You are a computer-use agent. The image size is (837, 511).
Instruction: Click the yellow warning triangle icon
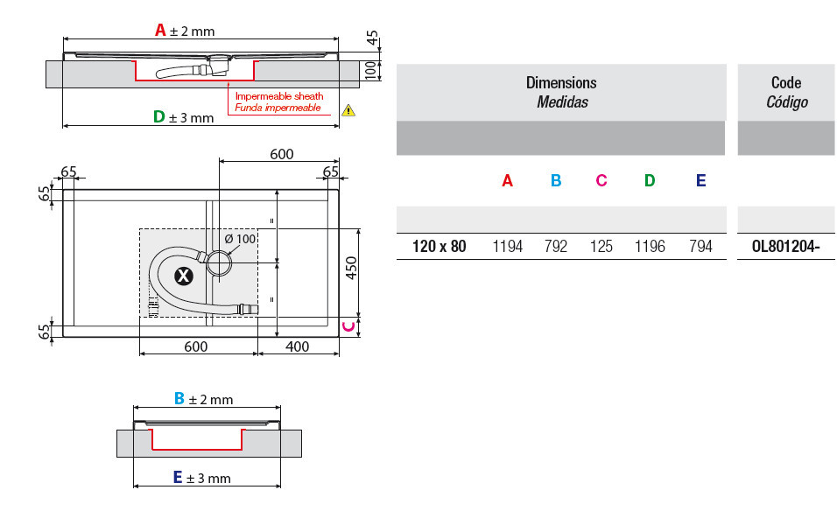coord(348,110)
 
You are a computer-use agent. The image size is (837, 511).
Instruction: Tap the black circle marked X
coord(184,276)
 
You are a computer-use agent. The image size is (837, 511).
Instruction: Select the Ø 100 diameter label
coord(240,239)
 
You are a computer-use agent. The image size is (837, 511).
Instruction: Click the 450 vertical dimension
coord(351,268)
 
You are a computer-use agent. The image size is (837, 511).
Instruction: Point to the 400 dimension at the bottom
coord(298,346)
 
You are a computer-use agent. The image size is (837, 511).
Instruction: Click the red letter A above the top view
coord(160,30)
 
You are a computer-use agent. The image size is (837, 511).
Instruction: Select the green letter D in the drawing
coord(159,116)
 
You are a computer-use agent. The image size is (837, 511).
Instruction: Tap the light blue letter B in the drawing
coord(179,398)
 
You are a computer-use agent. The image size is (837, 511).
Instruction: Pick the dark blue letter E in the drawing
coord(179,477)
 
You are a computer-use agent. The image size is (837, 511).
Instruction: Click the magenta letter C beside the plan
coord(348,326)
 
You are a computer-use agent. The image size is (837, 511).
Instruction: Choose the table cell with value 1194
coord(507,247)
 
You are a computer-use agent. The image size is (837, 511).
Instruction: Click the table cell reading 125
coord(601,247)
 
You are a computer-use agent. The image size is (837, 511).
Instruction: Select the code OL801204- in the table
coord(785,247)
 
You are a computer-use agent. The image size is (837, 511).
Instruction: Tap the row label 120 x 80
coord(440,247)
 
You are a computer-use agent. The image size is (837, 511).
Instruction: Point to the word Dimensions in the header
coord(561,82)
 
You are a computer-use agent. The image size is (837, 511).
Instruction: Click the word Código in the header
coord(787,101)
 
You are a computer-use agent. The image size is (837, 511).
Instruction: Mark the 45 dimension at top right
coord(372,38)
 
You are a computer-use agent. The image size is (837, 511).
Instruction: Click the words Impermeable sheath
coord(279,96)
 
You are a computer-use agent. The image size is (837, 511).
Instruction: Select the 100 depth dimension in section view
coord(370,70)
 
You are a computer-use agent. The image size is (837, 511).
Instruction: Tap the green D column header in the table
coord(650,181)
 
